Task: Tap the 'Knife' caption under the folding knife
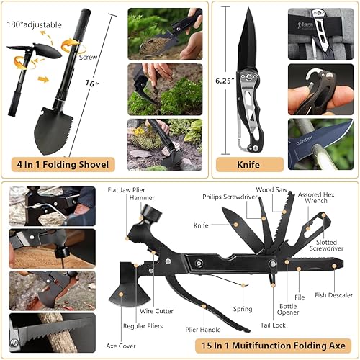[248, 164]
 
